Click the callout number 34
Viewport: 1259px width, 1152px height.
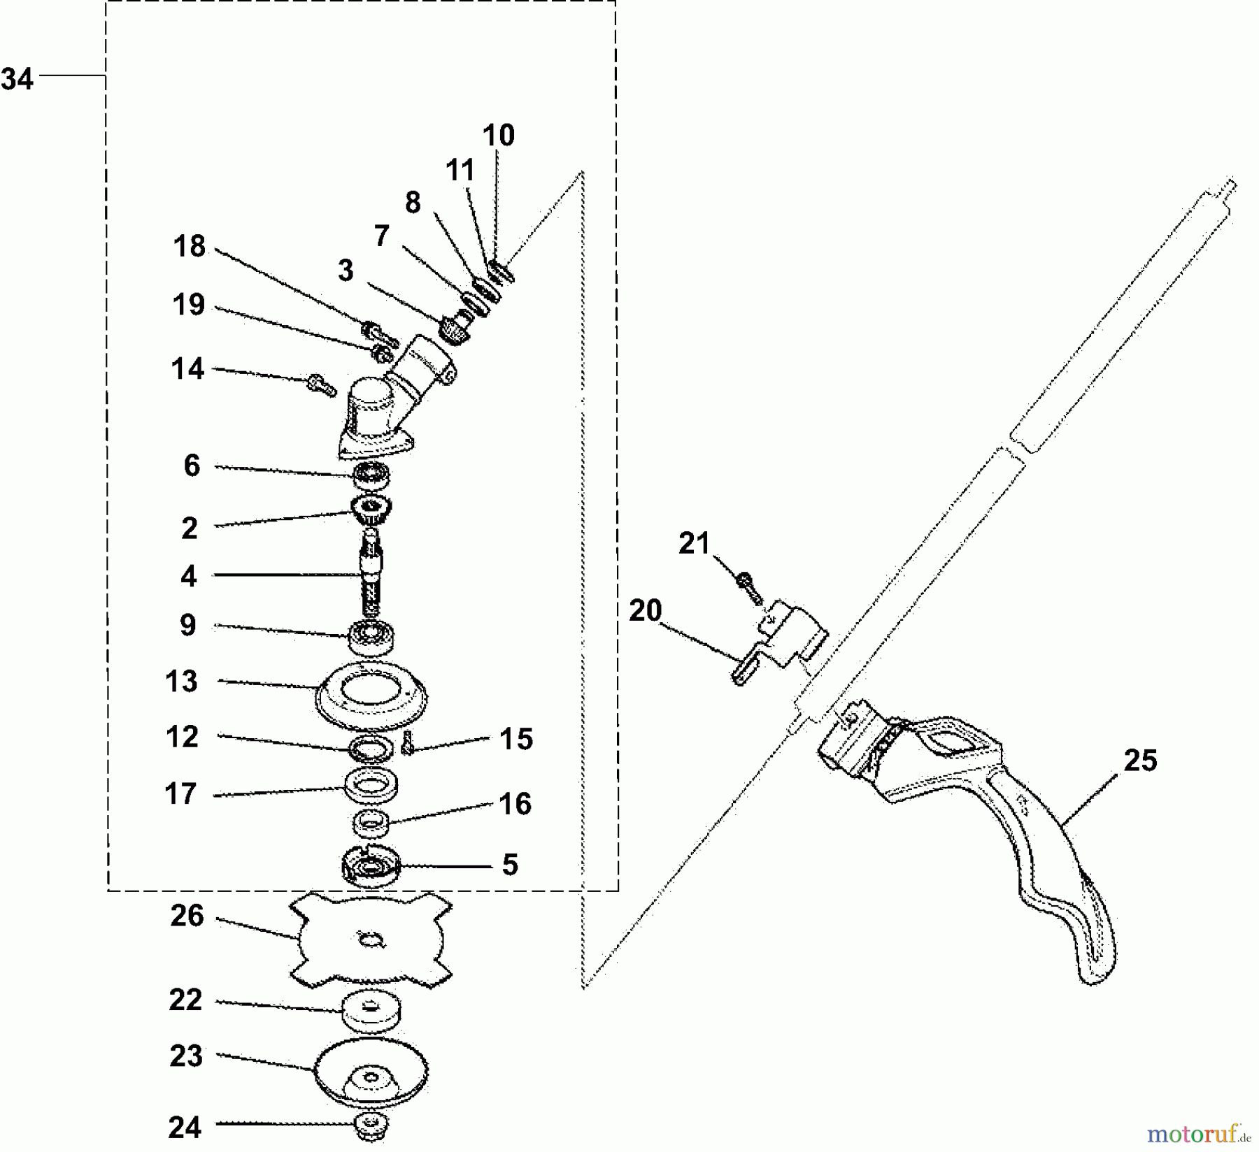click(17, 79)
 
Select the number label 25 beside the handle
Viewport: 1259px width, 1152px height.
click(1140, 761)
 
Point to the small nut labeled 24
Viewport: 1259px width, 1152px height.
click(371, 1125)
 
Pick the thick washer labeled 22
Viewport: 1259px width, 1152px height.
click(373, 1011)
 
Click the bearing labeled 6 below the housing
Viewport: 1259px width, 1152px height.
click(371, 475)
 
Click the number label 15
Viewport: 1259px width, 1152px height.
click(516, 740)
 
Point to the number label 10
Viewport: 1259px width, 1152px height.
click(498, 136)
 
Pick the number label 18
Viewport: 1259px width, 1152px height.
click(190, 247)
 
